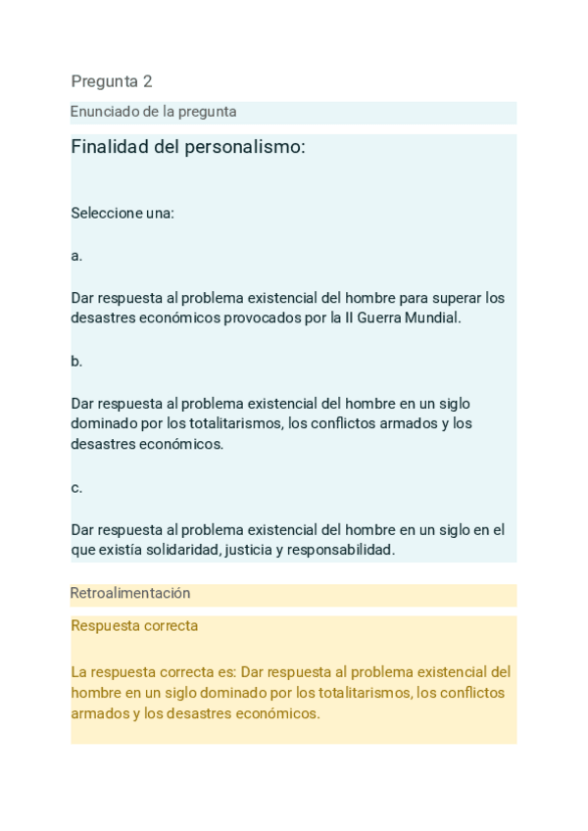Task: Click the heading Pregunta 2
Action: pyautogui.click(x=112, y=81)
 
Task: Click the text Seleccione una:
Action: pyautogui.click(x=122, y=213)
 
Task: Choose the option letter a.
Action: pyautogui.click(x=76, y=256)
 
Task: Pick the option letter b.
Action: pyautogui.click(x=76, y=361)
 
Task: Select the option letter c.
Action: pyautogui.click(x=76, y=487)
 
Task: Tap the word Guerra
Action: pyautogui.click(x=381, y=318)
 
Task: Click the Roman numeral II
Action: pyautogui.click(x=349, y=318)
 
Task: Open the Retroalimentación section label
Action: pyautogui.click(x=130, y=593)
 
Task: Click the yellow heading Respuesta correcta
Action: pyautogui.click(x=134, y=625)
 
